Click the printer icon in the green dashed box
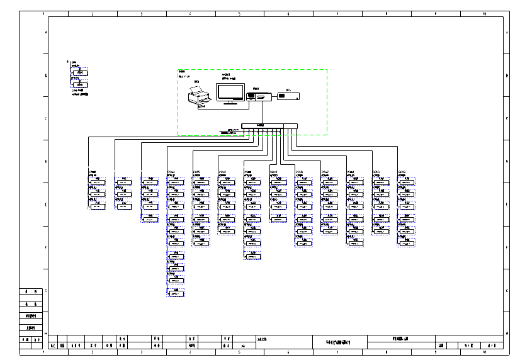(200, 97)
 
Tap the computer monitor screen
(231, 91)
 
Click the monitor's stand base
(231, 102)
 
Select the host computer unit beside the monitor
(259, 96)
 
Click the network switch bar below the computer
(261, 125)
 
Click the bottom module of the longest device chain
(176, 293)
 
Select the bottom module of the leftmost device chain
(98, 206)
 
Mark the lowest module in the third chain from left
(149, 218)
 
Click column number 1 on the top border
(43, 13)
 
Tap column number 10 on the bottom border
(485, 352)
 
